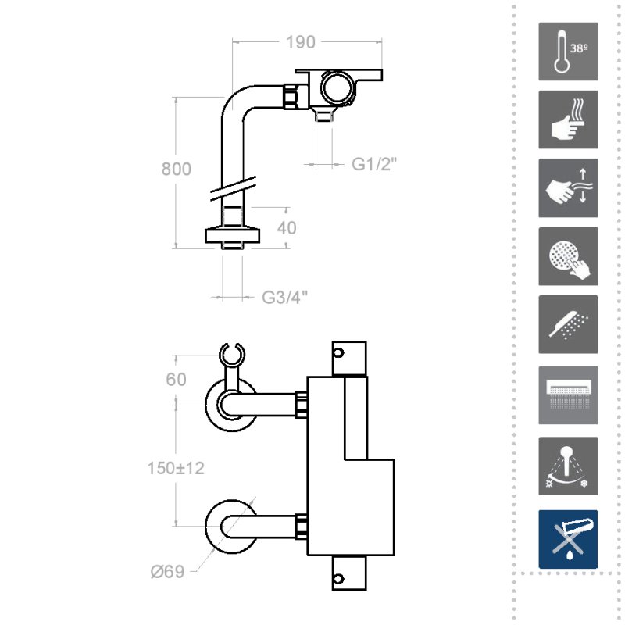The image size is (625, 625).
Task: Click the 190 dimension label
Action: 301,42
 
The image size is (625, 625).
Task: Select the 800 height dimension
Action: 177,169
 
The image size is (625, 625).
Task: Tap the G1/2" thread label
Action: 374,164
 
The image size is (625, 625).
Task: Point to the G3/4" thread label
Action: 284,298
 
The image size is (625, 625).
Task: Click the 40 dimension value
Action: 287,228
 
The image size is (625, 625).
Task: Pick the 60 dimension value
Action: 177,380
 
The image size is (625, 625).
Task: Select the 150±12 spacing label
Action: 176,468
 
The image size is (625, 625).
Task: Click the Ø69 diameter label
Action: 167,572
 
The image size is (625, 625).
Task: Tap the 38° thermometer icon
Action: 568,52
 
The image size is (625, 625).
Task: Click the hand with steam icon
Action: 568,120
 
